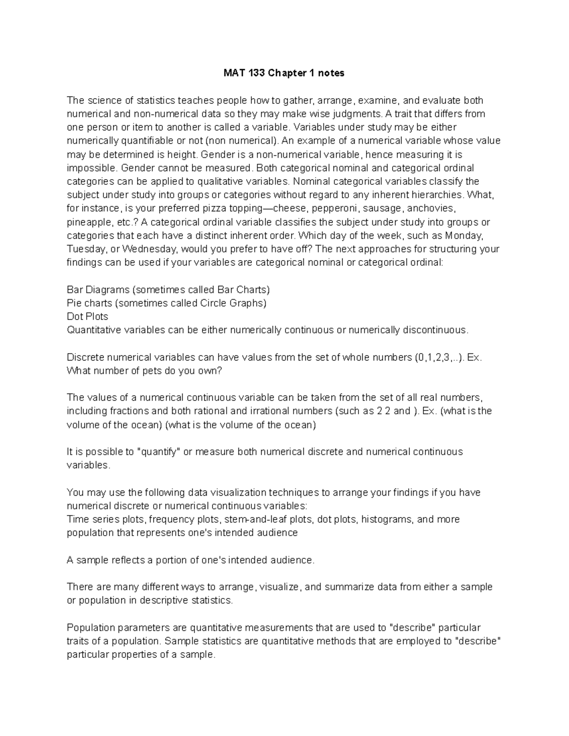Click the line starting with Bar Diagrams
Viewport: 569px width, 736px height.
[168, 290]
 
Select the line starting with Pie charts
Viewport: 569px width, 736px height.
[166, 303]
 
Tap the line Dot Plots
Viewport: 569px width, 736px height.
[87, 317]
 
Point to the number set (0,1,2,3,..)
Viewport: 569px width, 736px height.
[439, 357]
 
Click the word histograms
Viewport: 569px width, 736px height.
[386, 519]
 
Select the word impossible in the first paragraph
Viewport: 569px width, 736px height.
[91, 168]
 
